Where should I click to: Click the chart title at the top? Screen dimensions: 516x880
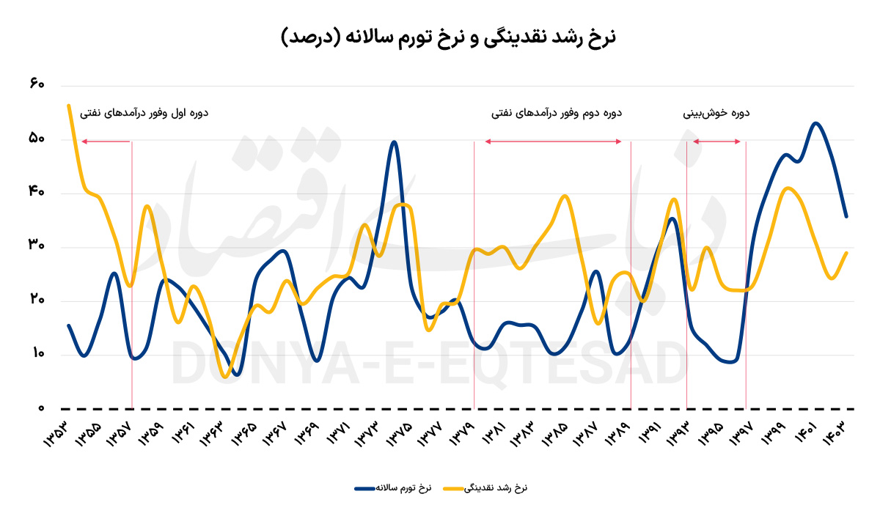(x=448, y=37)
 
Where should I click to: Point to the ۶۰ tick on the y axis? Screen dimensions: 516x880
(x=37, y=84)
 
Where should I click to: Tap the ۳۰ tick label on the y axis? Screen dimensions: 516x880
(x=37, y=246)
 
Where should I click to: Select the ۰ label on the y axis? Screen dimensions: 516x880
(x=42, y=408)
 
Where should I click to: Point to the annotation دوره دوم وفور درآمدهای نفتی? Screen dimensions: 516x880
(x=557, y=113)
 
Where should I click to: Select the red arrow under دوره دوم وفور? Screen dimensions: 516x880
(x=553, y=141)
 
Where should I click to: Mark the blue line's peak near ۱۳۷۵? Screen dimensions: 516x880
(x=395, y=141)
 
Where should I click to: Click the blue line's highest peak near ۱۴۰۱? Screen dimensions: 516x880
(x=816, y=122)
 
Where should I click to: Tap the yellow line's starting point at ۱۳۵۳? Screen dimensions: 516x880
(x=68, y=105)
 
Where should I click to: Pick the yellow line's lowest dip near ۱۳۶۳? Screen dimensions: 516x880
(x=224, y=377)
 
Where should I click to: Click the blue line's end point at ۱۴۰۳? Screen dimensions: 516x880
(x=847, y=216)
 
